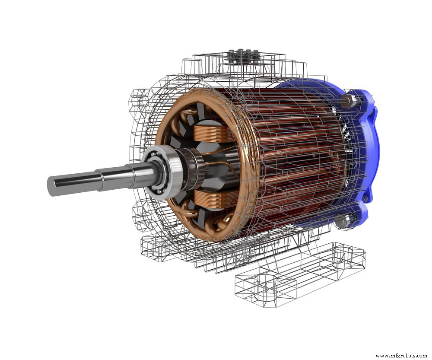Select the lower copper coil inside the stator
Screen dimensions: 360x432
(212, 200)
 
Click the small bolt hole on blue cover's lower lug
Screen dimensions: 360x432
(365, 199)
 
